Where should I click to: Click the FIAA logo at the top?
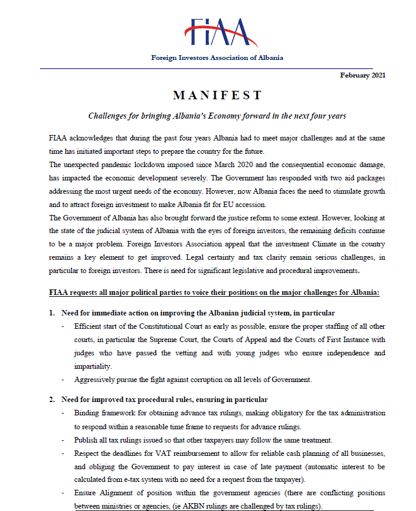(217, 33)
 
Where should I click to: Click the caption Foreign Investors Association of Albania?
(217, 58)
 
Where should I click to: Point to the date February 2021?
(362, 74)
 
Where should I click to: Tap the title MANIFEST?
(217, 95)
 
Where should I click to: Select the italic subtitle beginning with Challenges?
(217, 116)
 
